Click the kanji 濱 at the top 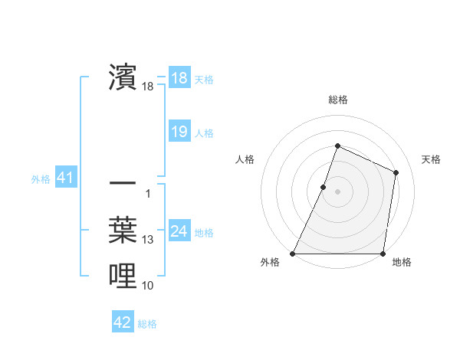123,78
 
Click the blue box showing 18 179,78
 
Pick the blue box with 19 179,132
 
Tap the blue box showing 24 179,231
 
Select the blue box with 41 65,178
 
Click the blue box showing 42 122,322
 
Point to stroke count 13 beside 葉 148,241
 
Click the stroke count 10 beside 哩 148,286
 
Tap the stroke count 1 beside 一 147,194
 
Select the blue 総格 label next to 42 147,324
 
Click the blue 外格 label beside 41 41,179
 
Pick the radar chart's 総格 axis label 337,100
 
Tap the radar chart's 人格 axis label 245,159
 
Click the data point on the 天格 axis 396,172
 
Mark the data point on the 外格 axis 293,254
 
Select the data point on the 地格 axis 383,254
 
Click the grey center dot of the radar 337,191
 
